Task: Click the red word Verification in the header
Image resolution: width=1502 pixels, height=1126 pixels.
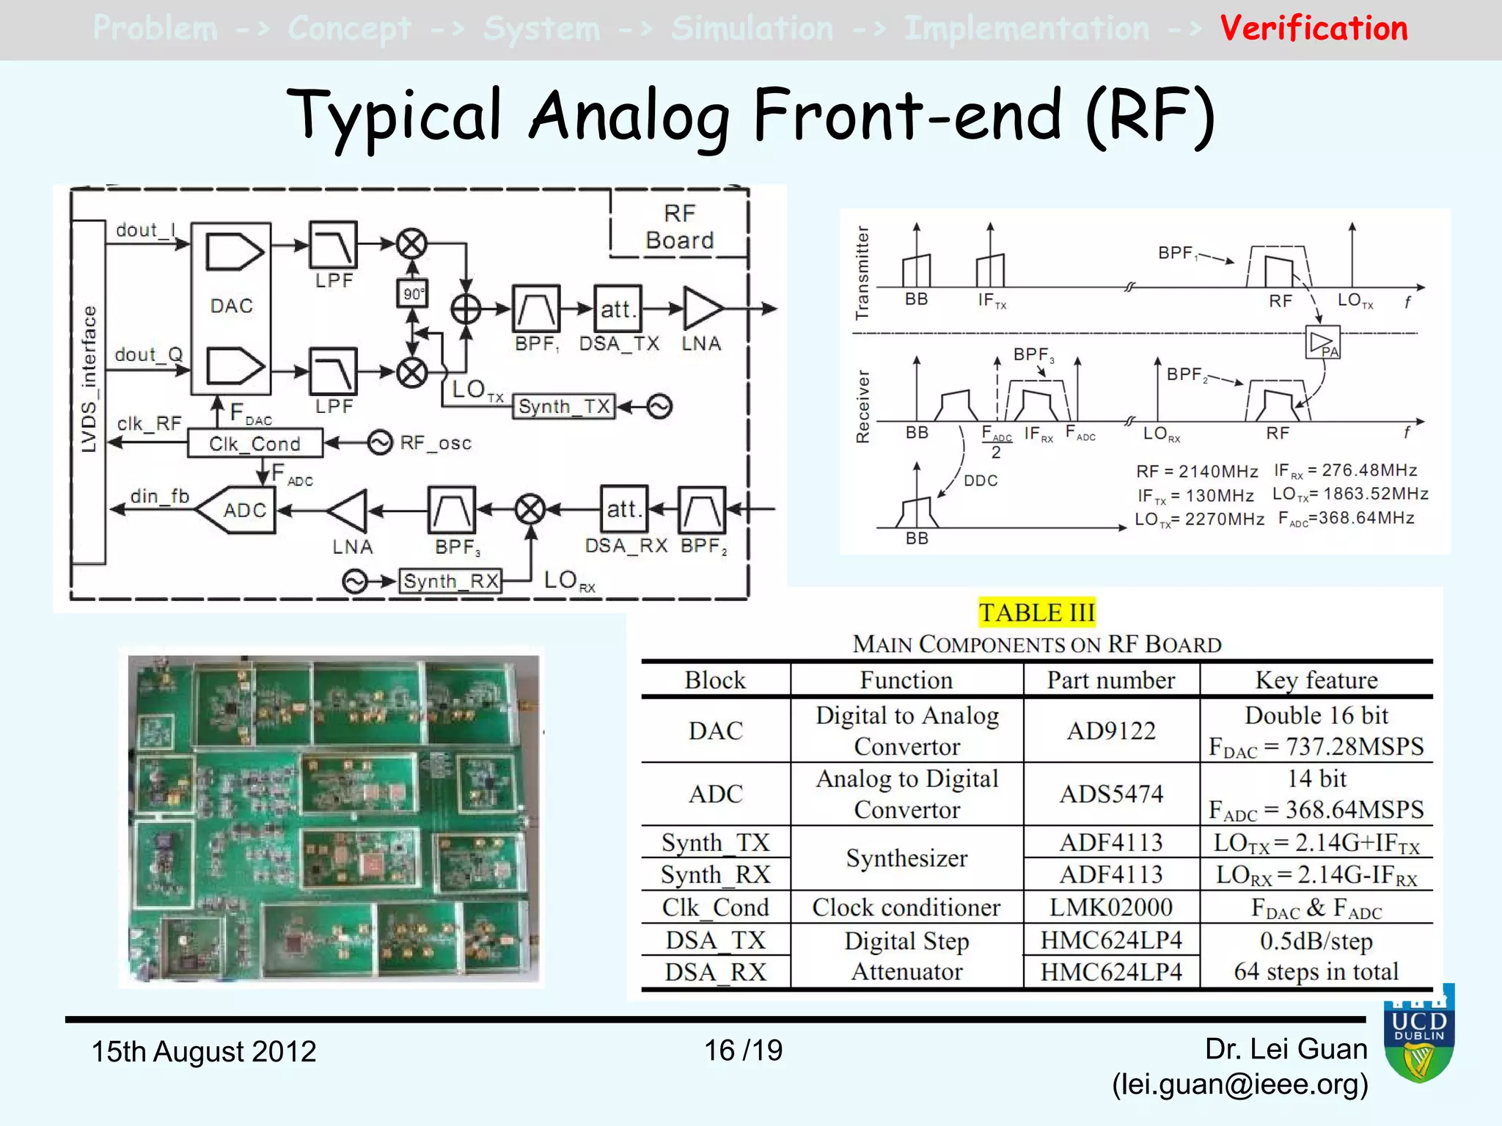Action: (1314, 29)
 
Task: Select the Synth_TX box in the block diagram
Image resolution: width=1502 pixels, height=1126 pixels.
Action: (563, 406)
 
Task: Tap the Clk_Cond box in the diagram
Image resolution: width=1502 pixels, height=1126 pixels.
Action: (254, 444)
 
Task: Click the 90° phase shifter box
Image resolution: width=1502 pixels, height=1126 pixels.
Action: (412, 294)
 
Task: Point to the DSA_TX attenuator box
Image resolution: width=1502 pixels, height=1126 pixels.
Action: (618, 309)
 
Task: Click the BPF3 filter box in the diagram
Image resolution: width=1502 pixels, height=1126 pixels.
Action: (452, 510)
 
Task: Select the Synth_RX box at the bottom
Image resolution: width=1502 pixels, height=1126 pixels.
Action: (450, 582)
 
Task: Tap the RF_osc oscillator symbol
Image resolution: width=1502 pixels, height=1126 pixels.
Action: (380, 443)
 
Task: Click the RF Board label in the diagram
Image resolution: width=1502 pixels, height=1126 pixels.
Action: (679, 227)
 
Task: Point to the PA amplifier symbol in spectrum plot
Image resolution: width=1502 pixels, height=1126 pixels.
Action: (1323, 343)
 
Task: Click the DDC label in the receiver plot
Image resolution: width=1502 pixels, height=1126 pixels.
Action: (981, 480)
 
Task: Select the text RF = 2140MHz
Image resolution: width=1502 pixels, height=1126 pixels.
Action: (1197, 471)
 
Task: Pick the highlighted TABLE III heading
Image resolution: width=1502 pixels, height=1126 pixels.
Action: (1036, 613)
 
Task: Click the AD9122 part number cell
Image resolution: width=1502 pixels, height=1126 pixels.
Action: (1111, 731)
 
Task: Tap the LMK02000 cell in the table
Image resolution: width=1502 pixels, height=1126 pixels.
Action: (1111, 907)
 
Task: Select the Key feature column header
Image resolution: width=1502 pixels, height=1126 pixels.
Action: (1316, 680)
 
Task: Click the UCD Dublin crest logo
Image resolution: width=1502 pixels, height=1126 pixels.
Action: (1419, 1035)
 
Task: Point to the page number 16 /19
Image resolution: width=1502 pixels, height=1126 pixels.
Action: (743, 1050)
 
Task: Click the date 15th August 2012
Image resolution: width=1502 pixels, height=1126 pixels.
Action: (203, 1051)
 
